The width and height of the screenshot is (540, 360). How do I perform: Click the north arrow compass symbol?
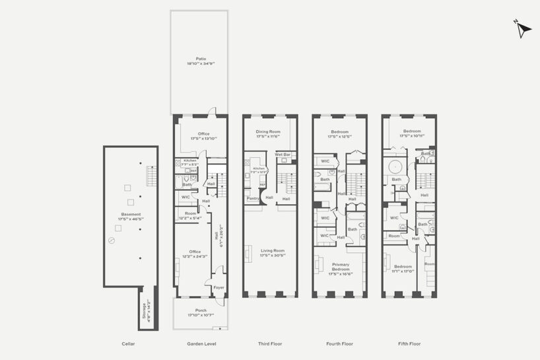[522, 30]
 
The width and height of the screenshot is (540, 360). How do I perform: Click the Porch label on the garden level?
[201, 311]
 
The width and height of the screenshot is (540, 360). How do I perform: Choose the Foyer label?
[219, 287]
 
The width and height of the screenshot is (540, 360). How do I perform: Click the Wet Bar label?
[283, 154]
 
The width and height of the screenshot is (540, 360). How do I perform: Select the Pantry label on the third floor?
[252, 198]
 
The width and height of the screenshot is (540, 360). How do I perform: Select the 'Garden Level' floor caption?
[201, 344]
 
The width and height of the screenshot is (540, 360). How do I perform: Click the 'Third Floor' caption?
[269, 344]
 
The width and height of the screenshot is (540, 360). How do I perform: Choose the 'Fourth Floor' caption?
[339, 344]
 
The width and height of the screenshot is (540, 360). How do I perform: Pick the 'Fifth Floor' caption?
[409, 344]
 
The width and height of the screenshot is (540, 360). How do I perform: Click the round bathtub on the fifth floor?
[396, 166]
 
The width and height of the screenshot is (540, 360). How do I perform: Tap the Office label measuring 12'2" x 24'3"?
[195, 254]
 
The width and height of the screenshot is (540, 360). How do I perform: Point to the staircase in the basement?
[151, 177]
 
